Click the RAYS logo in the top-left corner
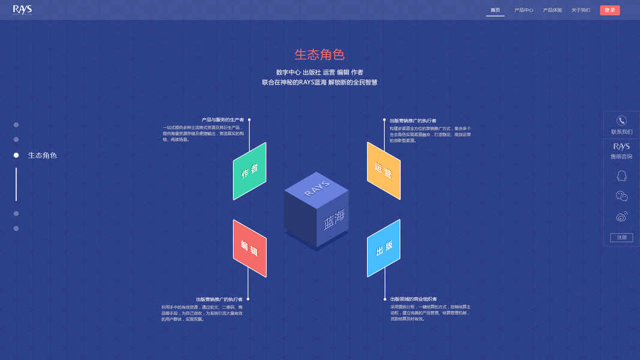click(x=22, y=10)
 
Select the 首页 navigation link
click(x=495, y=10)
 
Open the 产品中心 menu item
click(x=524, y=10)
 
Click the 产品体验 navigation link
click(x=552, y=10)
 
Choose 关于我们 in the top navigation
click(x=581, y=10)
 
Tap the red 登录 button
click(x=609, y=10)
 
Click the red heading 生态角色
click(x=319, y=55)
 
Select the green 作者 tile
click(x=250, y=171)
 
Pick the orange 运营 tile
click(x=383, y=171)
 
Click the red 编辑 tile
click(x=250, y=248)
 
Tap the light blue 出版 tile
click(x=384, y=248)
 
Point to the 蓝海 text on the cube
click(x=334, y=220)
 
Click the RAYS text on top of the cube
click(x=317, y=188)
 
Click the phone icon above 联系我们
click(x=621, y=121)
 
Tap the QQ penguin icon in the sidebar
click(x=621, y=175)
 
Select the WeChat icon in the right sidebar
click(x=621, y=196)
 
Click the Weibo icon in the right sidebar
click(x=621, y=217)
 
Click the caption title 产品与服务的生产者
click(x=223, y=120)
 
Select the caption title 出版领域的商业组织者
click(x=413, y=299)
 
